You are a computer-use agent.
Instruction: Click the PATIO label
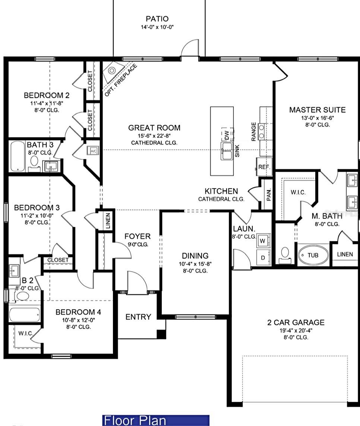[x=157, y=19]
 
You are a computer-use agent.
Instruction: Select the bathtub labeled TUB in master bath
[x=313, y=255]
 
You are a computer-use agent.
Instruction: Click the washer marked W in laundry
[x=263, y=241]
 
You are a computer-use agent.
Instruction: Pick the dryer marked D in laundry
[x=263, y=258]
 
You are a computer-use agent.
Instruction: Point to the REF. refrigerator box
[x=264, y=167]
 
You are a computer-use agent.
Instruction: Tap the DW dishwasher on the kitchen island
[x=227, y=134]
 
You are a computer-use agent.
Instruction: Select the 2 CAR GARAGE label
[x=296, y=322]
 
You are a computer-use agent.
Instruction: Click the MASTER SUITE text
[x=317, y=110]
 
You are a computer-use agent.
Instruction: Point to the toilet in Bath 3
[x=34, y=161]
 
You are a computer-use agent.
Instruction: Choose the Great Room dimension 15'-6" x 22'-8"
[x=154, y=135]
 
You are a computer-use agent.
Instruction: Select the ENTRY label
[x=138, y=317]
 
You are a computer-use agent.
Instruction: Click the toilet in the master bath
[x=285, y=253]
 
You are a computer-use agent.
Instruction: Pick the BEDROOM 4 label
[x=78, y=312]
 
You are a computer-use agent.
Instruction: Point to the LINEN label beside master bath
[x=345, y=254]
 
